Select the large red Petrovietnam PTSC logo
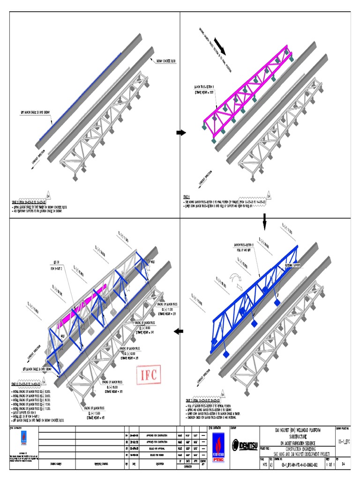click(217, 443)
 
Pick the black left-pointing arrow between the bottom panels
click(179, 332)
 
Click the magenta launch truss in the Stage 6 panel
click(248, 94)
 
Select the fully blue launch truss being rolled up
click(255, 291)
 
